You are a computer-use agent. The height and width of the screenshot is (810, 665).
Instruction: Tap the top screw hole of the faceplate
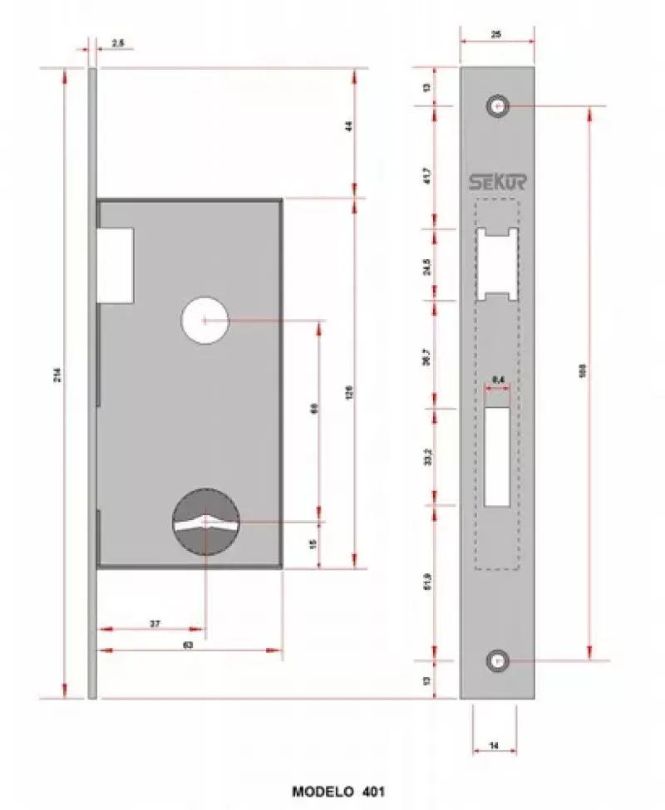tap(498, 106)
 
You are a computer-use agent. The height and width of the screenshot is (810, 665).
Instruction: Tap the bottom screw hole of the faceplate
tap(497, 661)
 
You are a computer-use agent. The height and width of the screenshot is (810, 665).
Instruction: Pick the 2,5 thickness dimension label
tap(117, 42)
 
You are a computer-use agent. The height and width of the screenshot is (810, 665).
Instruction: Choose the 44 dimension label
tap(349, 127)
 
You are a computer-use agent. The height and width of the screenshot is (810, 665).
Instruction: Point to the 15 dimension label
tap(313, 544)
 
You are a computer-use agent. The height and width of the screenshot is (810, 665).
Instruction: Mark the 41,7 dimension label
tap(427, 176)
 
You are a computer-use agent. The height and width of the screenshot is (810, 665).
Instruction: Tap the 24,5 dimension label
tap(427, 266)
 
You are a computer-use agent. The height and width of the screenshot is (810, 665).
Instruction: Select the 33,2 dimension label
tap(427, 456)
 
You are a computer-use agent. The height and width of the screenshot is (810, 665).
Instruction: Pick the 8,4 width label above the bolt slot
tap(499, 380)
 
